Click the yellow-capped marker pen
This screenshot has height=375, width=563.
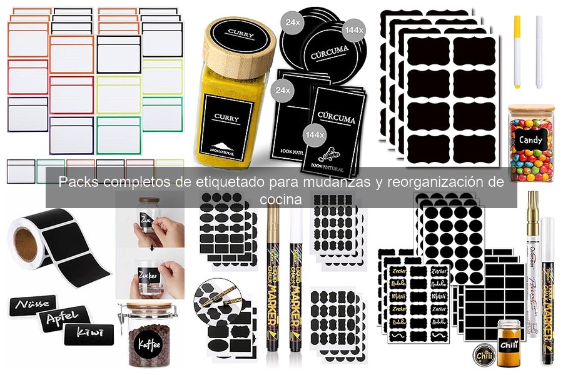[x=517, y=50]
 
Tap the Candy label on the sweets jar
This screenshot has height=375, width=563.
[x=530, y=140]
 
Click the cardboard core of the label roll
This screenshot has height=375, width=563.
[x=26, y=241]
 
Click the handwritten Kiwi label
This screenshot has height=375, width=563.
[x=89, y=333]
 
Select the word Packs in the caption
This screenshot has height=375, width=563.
[x=79, y=183]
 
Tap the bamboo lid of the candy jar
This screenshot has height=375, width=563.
[x=531, y=108]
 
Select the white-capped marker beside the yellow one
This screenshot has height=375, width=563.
[x=539, y=50]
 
